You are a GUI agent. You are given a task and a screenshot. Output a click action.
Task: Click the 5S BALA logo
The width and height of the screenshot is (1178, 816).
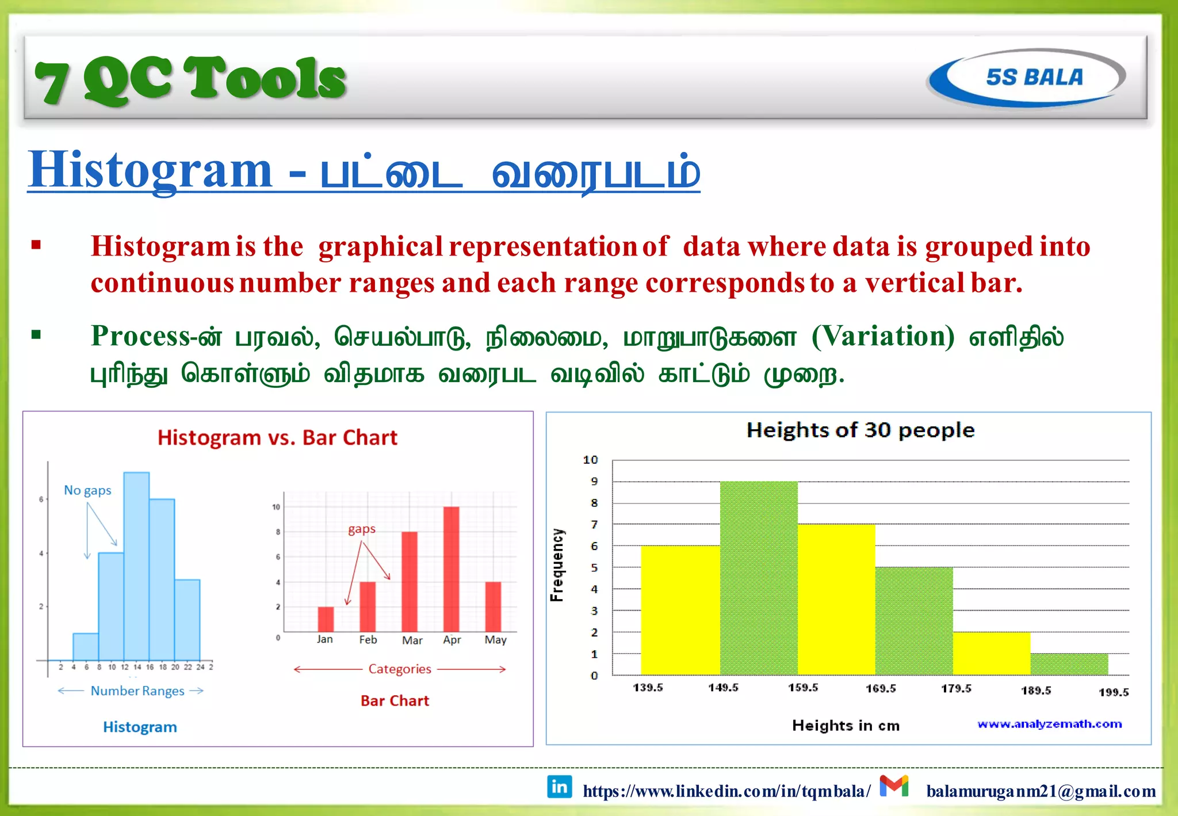pos(1027,77)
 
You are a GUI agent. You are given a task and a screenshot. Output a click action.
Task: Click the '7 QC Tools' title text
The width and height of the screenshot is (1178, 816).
pos(190,80)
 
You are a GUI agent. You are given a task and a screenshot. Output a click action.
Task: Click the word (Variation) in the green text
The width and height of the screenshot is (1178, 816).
pos(883,336)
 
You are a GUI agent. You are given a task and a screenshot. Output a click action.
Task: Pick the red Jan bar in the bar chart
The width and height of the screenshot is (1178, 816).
pos(326,619)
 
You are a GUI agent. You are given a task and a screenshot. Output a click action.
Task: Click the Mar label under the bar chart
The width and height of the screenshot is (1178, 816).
pos(412,640)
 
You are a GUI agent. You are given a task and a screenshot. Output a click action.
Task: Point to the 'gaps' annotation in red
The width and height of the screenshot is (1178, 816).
pos(362,529)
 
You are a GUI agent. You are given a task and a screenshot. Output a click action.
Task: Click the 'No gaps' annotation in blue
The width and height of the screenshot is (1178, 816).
pos(87,490)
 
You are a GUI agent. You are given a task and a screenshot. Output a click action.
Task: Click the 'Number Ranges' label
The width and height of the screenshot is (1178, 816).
pos(137,691)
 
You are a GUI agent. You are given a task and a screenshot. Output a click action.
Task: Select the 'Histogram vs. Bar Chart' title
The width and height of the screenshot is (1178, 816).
pos(277,438)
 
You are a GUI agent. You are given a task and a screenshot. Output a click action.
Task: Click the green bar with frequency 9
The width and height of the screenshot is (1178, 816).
pos(759,578)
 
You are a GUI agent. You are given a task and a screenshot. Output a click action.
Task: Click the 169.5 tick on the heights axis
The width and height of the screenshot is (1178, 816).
pos(881,688)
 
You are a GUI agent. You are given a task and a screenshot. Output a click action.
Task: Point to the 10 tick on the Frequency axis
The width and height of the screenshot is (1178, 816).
pos(591,460)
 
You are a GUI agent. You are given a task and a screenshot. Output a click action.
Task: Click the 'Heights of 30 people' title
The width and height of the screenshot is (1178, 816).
pos(860,430)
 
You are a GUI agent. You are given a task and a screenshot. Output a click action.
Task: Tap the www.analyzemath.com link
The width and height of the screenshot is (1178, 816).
pos(1049,724)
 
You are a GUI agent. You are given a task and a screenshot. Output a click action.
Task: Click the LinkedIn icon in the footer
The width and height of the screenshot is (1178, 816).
pos(559,787)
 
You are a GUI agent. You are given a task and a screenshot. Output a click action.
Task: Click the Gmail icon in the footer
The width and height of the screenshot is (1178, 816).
pos(894,786)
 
